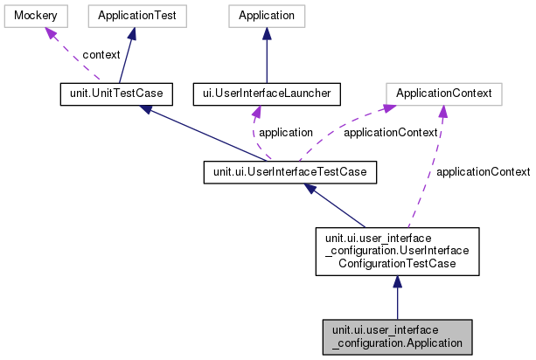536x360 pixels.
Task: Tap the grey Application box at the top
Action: tap(267, 16)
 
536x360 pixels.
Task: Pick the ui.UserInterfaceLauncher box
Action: tap(266, 92)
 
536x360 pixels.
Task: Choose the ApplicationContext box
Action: tap(443, 92)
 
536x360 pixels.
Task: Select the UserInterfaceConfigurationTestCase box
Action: tap(396, 252)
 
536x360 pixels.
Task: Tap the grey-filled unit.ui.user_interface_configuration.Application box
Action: tap(397, 336)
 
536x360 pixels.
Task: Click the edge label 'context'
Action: tap(101, 54)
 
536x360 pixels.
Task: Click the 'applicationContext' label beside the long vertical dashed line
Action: tap(483, 171)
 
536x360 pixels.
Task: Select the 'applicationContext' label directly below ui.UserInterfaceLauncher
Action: tap(390, 133)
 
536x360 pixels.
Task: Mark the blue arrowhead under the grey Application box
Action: tap(267, 33)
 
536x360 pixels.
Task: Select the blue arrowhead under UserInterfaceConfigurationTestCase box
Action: tap(397, 283)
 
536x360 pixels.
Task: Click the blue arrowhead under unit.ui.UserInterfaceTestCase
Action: tap(310, 189)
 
